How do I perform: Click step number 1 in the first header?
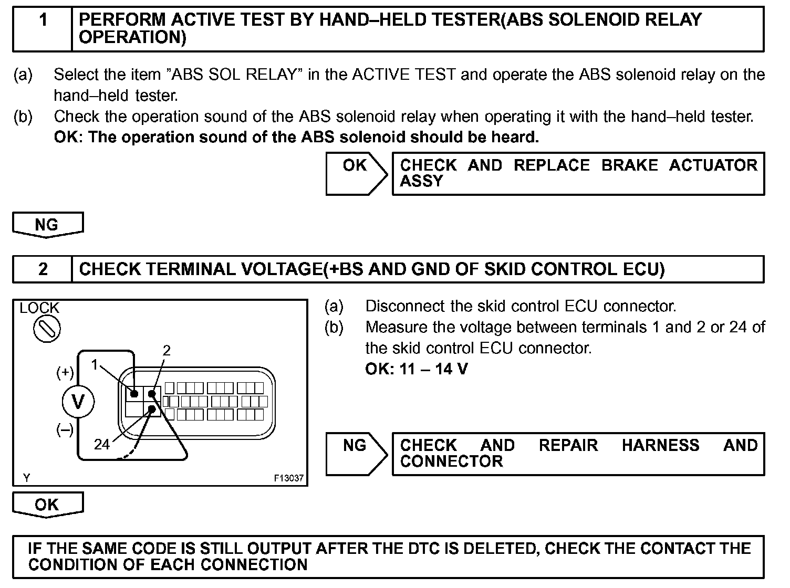[x=43, y=20]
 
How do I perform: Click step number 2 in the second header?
[x=43, y=269]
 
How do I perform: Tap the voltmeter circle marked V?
[x=78, y=402]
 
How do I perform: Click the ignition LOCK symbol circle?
[x=47, y=329]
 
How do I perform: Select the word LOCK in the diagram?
[x=39, y=308]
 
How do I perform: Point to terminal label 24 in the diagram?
[x=102, y=444]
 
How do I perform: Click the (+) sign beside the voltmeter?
[x=65, y=373]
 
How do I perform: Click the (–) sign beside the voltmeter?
[x=65, y=430]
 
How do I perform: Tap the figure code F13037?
[x=289, y=478]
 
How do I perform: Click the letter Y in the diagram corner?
[x=27, y=478]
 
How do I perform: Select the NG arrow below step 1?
[x=47, y=225]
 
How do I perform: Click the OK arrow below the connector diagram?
[x=47, y=505]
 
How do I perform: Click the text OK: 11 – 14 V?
[x=416, y=369]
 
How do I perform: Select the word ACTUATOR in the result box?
[x=713, y=165]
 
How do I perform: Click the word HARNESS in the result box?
[x=660, y=446]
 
